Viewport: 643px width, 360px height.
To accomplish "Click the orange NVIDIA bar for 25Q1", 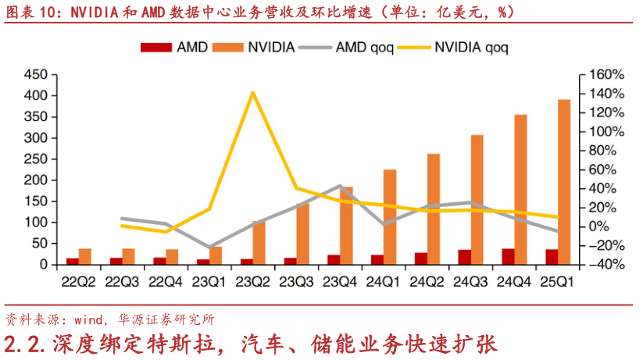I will click(x=563, y=182).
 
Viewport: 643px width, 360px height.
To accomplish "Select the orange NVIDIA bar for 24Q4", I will click(x=520, y=190).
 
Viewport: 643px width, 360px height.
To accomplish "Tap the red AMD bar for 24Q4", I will click(x=508, y=256).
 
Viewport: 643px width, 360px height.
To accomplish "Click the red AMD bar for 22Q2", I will click(x=73, y=261).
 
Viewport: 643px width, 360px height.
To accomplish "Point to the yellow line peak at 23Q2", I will click(x=252, y=92).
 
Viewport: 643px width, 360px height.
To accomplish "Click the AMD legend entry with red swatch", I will click(x=173, y=47).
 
